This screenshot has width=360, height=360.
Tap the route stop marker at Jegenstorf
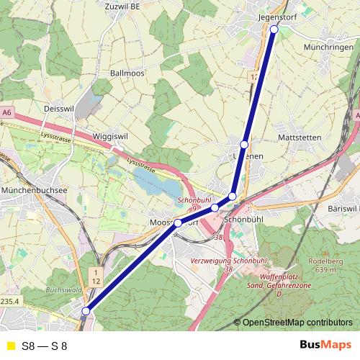pyautogui.click(x=274, y=30)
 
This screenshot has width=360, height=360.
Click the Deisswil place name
pyautogui.click(x=59, y=108)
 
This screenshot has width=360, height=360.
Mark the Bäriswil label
pyautogui.click(x=343, y=208)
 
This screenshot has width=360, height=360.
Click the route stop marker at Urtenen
pyautogui.click(x=245, y=145)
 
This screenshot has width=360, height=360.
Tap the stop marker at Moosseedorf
pyautogui.click(x=178, y=223)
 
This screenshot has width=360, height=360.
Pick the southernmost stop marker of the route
pyautogui.click(x=86, y=311)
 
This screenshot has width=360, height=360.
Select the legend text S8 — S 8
pyautogui.click(x=50, y=346)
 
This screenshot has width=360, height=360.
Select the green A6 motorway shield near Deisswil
pyautogui.click(x=7, y=113)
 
